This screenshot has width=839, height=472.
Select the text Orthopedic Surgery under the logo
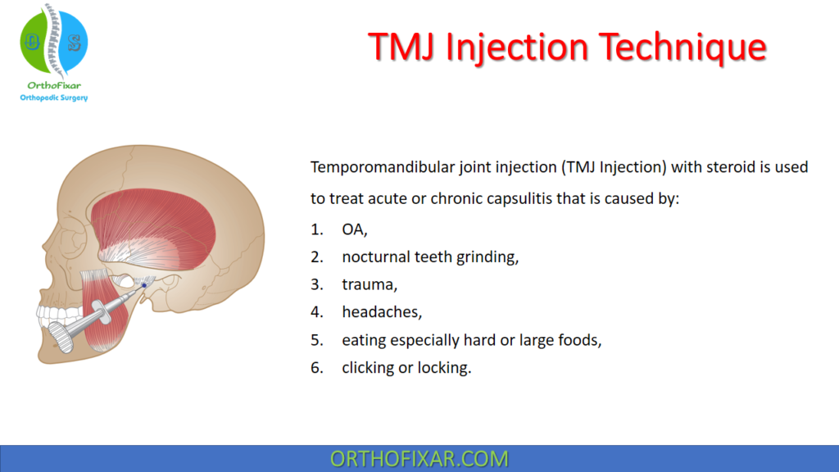coord(53,98)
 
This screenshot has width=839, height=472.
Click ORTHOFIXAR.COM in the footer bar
coord(419,458)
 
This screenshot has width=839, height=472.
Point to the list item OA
coord(355,229)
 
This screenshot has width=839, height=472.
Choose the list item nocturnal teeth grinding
coord(430,256)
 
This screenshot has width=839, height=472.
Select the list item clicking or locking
coord(406,368)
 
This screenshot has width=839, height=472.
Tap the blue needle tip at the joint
coord(143,285)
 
